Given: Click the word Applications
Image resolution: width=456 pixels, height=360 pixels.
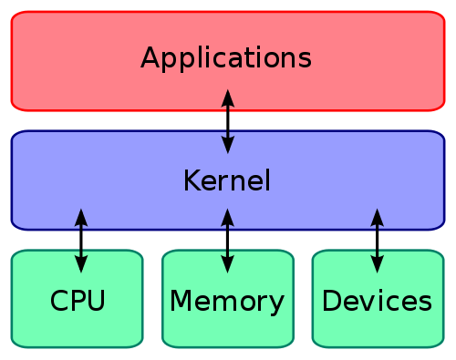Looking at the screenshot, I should point(226,58).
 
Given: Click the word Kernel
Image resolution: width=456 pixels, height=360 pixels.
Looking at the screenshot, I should point(227,180).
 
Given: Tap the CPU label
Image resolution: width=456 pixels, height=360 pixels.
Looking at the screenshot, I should point(78,300).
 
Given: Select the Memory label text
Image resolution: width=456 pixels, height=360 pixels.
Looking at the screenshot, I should point(227,300).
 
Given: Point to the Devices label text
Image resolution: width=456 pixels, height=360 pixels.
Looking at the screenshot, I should point(377,300).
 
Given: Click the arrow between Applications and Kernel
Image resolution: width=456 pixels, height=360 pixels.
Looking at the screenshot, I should point(228,120).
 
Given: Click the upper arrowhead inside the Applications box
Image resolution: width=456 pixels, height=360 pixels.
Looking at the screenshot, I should point(228,96).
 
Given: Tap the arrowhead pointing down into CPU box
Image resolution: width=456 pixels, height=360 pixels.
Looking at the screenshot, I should point(81,265).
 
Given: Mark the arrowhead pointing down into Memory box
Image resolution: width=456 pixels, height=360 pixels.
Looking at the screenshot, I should point(228,265).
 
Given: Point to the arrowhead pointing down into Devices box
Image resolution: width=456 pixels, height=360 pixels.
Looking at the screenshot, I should point(377,265).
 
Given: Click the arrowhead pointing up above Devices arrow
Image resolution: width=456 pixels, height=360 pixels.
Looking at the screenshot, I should point(377,216).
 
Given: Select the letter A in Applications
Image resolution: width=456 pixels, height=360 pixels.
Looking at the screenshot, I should point(150,57).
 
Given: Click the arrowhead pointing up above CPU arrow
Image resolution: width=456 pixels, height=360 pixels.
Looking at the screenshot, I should point(81,216).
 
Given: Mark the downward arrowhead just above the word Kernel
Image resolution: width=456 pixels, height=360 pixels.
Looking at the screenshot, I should point(228,145).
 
